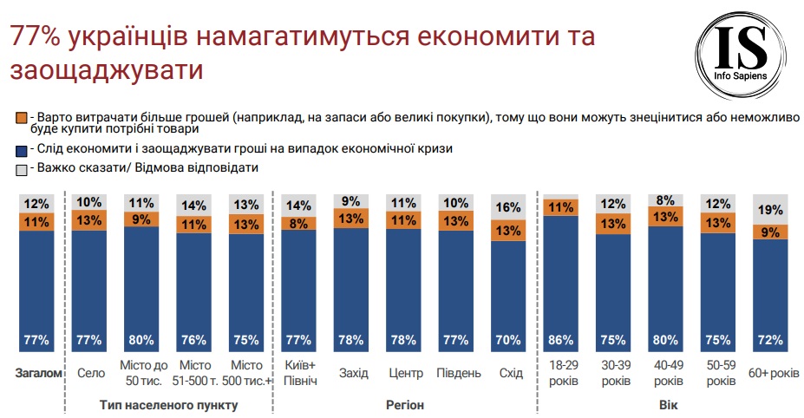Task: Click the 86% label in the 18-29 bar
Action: click(x=560, y=340)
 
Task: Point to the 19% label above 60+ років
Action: click(x=770, y=209)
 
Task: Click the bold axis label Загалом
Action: click(x=37, y=373)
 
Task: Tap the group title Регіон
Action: click(x=404, y=404)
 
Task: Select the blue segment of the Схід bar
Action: click(x=508, y=295)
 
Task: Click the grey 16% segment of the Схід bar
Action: click(x=508, y=207)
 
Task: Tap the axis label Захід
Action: click(x=351, y=373)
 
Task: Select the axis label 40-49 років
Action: click(x=665, y=373)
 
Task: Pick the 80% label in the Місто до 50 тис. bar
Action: click(x=141, y=340)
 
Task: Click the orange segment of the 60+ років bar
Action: click(x=770, y=232)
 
